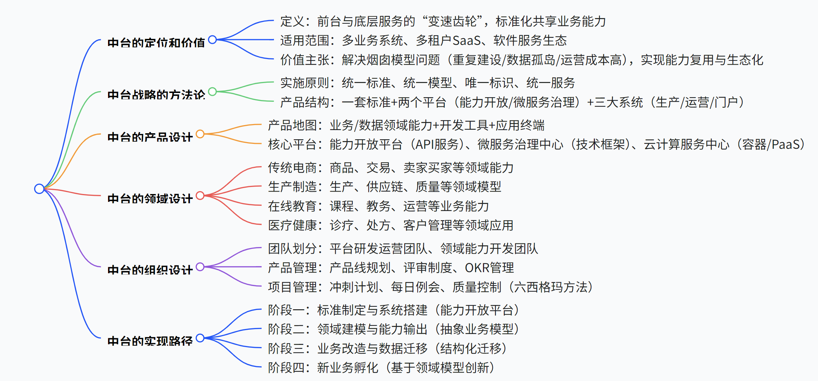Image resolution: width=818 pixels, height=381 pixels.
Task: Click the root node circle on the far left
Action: click(39, 189)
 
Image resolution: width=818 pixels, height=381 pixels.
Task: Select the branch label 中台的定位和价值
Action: click(156, 43)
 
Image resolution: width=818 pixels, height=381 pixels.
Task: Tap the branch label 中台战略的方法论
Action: click(156, 95)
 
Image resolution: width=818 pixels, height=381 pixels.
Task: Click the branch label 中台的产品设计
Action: click(150, 137)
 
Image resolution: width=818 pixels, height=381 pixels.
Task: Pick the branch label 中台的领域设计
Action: click(150, 199)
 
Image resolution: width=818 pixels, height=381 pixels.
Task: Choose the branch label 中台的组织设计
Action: click(150, 270)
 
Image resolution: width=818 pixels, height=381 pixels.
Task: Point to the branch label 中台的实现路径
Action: click(150, 341)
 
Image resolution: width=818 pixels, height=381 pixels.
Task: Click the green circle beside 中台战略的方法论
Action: click(212, 92)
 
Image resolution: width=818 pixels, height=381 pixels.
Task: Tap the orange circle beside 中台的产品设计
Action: click(200, 134)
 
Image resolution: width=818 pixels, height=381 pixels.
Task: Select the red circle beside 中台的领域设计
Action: click(200, 195)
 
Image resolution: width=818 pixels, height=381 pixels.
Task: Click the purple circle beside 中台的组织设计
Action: click(200, 267)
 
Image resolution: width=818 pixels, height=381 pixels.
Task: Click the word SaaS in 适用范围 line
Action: click(466, 41)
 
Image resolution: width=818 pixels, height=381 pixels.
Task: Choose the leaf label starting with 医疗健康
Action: click(390, 225)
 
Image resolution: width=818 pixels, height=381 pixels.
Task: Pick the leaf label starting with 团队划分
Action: click(403, 249)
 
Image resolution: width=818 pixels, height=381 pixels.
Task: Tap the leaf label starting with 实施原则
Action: click(428, 83)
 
